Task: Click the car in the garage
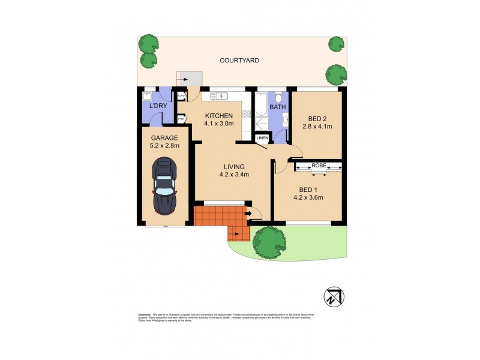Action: tap(165, 186)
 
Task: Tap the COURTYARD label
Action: tap(238, 60)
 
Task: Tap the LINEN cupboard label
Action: tap(262, 139)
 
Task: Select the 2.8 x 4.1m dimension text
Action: tap(317, 127)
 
